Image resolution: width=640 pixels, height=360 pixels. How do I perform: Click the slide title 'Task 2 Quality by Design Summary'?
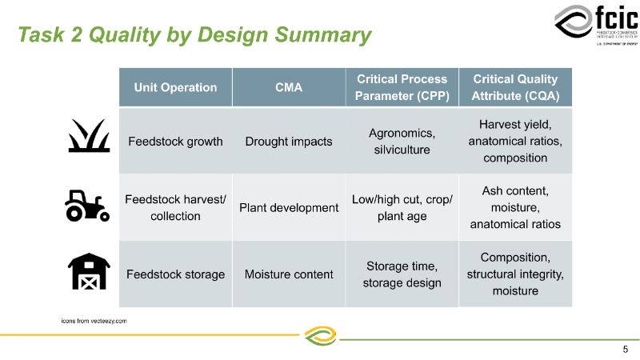194,35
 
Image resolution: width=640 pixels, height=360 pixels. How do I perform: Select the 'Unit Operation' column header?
175,87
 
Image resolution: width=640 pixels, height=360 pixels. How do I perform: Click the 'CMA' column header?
288,87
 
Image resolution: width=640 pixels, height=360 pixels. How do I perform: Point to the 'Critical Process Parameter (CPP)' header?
402,87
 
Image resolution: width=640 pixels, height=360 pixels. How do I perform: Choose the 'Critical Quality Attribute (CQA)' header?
515,87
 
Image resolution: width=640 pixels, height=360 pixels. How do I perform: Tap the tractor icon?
86,206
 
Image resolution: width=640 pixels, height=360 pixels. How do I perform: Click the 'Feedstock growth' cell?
175,142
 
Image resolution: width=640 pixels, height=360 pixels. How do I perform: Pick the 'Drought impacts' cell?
288,142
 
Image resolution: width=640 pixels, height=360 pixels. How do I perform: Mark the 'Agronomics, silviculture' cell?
402,142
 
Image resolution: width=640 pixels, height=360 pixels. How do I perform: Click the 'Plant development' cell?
288,208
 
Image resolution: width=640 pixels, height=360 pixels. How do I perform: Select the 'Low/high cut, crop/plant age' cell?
402,208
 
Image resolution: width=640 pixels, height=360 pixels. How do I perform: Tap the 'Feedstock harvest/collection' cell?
175,208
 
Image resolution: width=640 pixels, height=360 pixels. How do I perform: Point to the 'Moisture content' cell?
288,274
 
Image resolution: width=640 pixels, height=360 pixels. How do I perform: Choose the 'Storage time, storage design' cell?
402,274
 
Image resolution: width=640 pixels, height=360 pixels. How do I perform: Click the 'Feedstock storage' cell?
175,274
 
